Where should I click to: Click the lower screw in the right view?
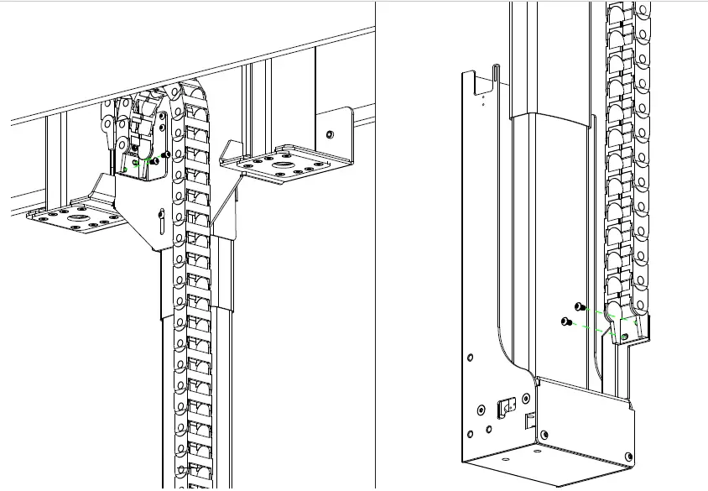pyautogui.click(x=566, y=321)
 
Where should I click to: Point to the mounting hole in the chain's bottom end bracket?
pyautogui.click(x=624, y=336)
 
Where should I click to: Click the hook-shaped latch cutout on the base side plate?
pyautogui.click(x=505, y=406)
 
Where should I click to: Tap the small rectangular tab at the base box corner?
pyautogui.click(x=529, y=417)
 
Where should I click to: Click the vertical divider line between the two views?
pyautogui.click(x=375, y=252)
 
